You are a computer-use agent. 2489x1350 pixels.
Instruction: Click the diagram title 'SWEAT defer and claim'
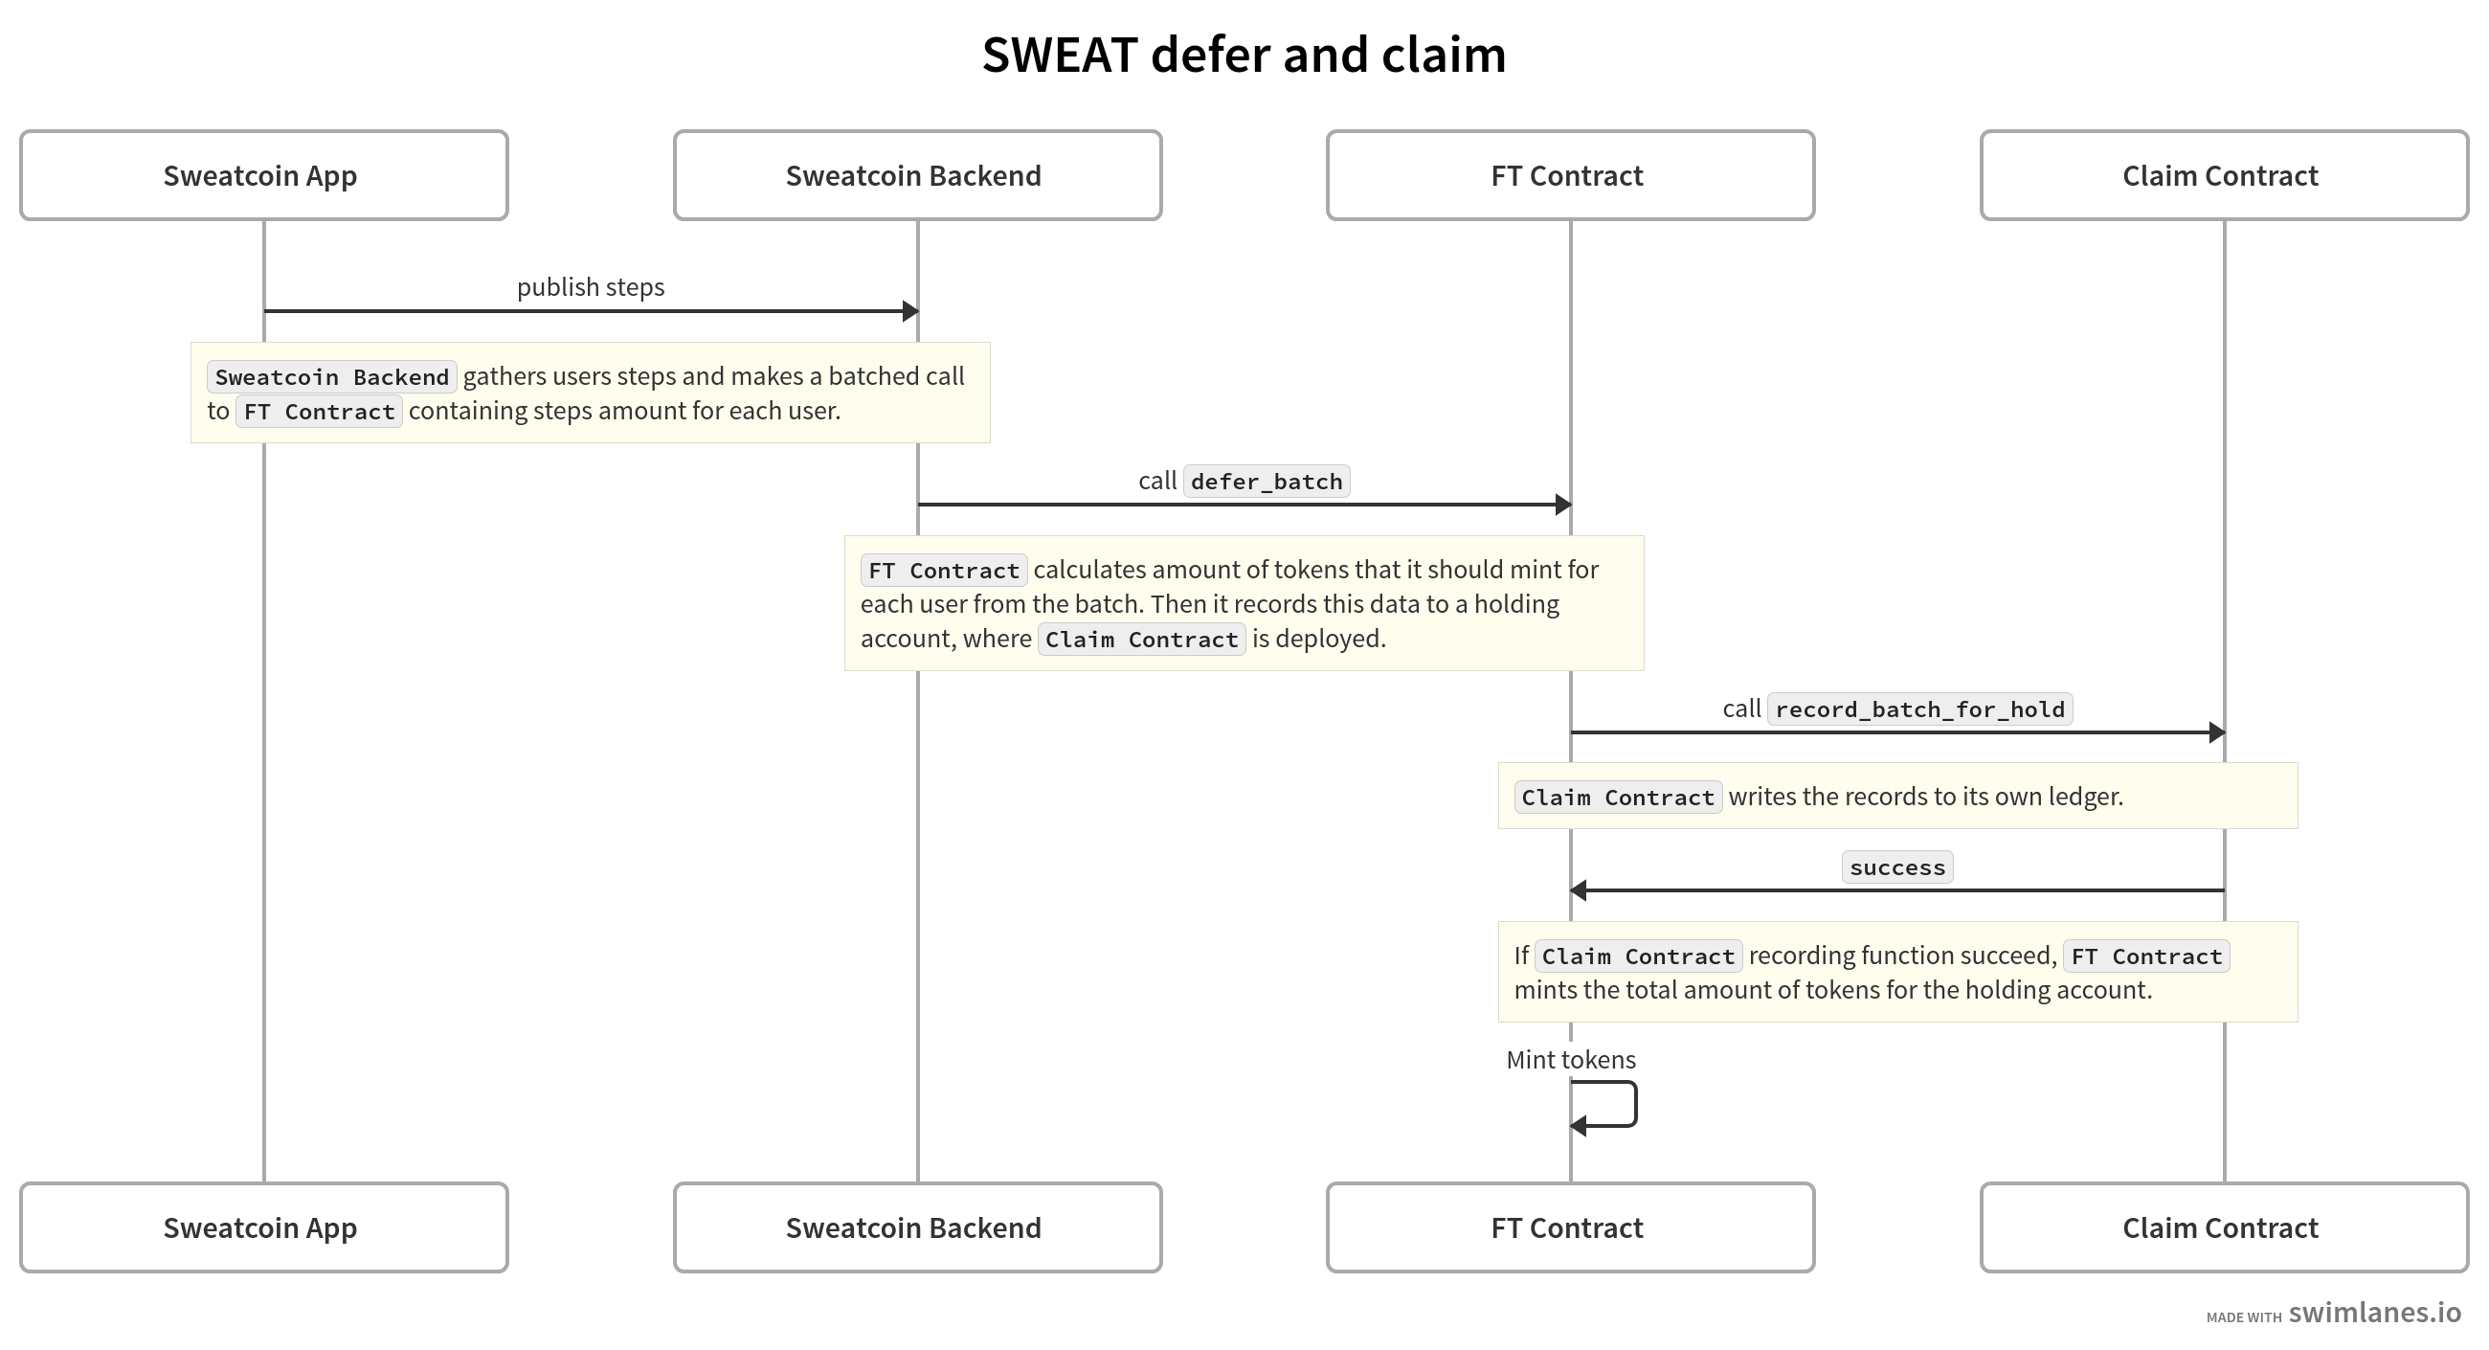(1244, 55)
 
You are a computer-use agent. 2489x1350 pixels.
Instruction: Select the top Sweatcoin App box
(264, 176)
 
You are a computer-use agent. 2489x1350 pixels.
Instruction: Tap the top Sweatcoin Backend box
(917, 176)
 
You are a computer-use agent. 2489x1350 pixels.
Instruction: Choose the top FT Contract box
(1570, 176)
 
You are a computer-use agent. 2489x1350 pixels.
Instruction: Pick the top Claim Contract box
(2224, 176)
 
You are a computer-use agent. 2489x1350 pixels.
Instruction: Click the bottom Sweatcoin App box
(264, 1227)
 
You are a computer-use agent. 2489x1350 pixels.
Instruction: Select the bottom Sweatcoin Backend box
(917, 1227)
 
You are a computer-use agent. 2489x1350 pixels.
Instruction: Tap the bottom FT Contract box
(1570, 1227)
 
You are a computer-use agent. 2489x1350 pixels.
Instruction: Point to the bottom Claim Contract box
(2224, 1227)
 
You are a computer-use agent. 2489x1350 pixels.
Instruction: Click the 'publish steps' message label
(591, 287)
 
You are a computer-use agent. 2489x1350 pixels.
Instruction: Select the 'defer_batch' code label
(1267, 482)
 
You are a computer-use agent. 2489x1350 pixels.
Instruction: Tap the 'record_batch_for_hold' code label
(1920, 709)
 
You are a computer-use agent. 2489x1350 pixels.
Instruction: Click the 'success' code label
(1897, 866)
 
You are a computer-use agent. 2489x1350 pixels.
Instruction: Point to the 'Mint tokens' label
(1571, 1060)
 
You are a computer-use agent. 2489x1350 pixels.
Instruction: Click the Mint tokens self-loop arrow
(1636, 1105)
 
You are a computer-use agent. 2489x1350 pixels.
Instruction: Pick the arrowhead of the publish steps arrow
(910, 311)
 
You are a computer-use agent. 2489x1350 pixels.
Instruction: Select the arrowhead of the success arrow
(1578, 890)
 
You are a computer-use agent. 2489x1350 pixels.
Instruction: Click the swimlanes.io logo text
(2375, 1313)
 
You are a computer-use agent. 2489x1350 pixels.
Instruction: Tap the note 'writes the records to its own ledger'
(1897, 797)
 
